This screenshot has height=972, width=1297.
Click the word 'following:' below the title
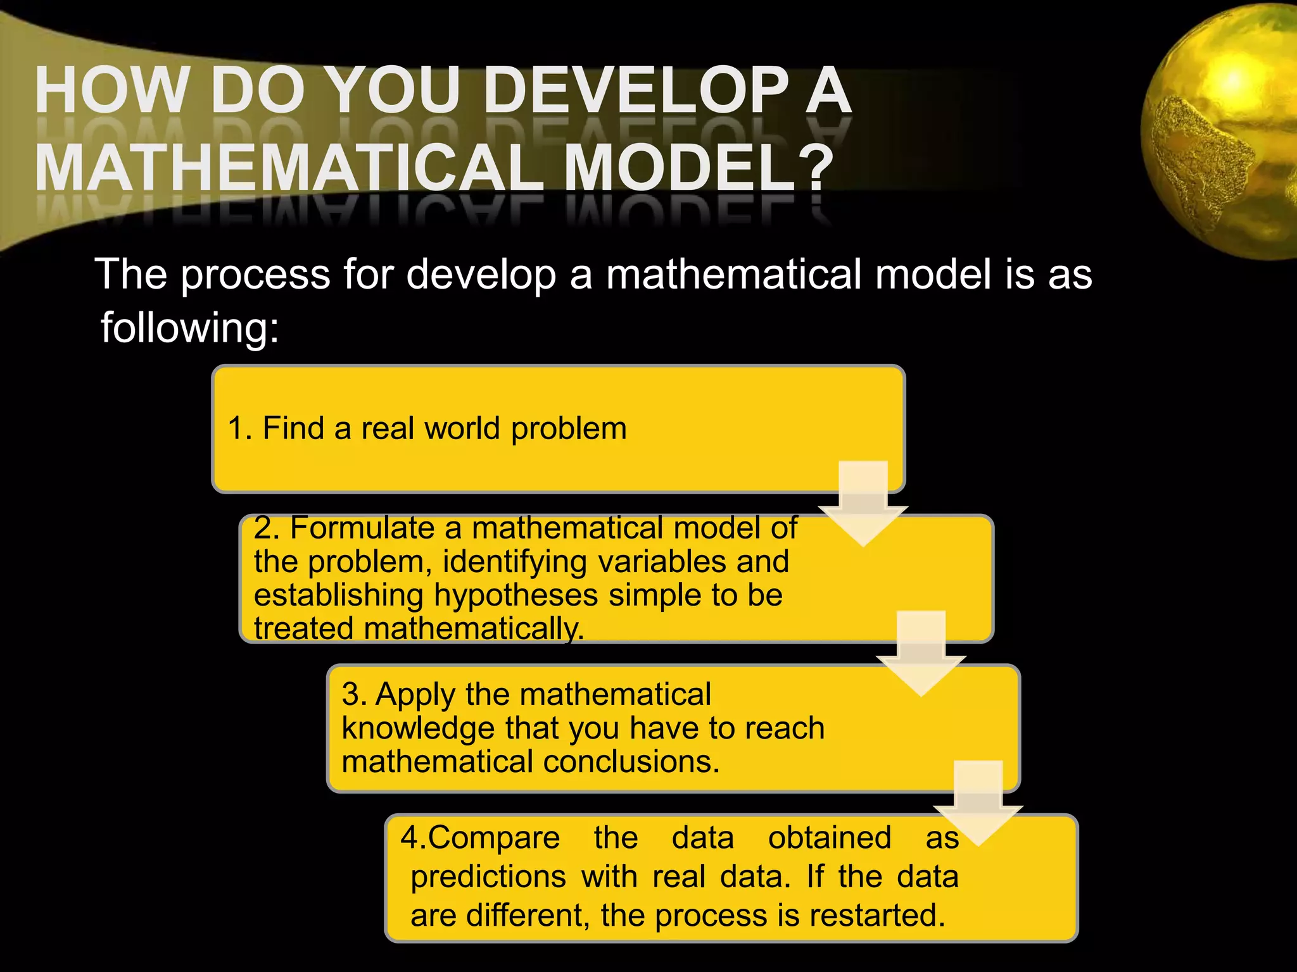tap(189, 328)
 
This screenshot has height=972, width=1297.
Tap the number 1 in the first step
tap(236, 428)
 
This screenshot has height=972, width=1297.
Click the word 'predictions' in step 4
tap(488, 877)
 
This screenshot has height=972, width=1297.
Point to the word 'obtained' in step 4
tap(830, 838)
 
